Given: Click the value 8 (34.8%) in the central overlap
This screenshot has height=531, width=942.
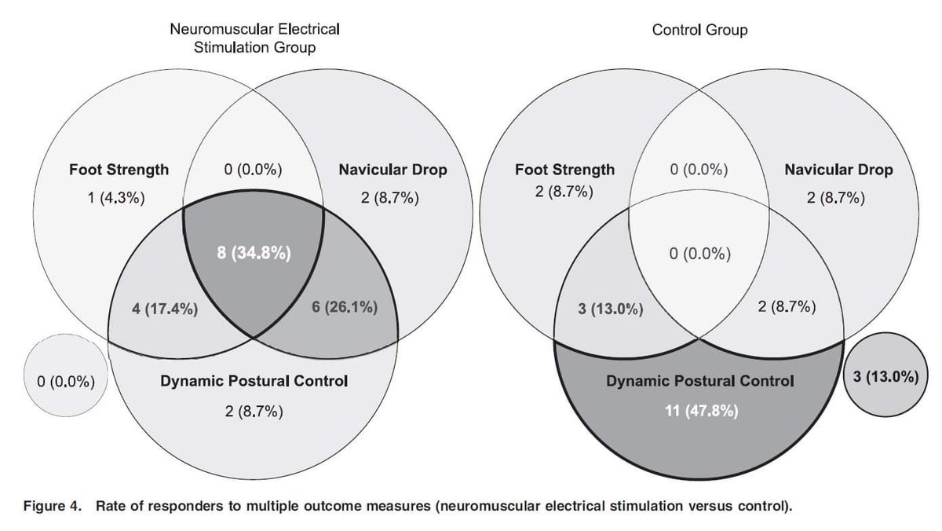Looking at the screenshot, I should (253, 254).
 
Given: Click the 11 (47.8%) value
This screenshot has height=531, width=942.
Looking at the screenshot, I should (699, 411).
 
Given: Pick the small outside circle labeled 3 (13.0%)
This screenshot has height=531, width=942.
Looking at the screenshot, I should (885, 376).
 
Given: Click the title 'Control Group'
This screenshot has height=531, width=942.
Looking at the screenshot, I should (700, 32).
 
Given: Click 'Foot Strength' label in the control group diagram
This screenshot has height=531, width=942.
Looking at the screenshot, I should (565, 170).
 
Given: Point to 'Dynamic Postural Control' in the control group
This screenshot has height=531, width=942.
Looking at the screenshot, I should (699, 383).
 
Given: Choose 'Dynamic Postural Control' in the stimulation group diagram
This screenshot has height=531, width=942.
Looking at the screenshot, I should (253, 383).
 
